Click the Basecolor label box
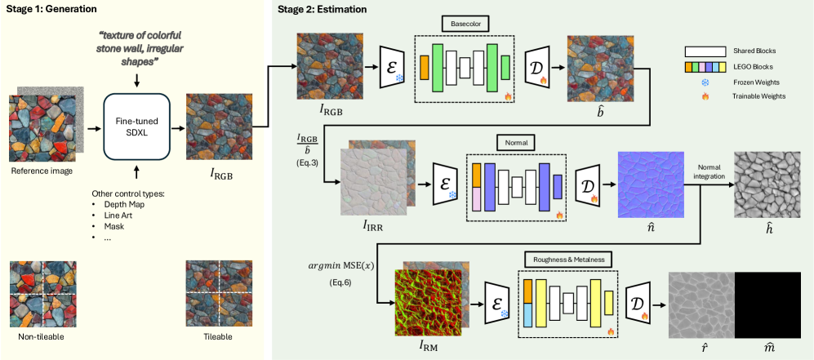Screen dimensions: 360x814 pos(465,24)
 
